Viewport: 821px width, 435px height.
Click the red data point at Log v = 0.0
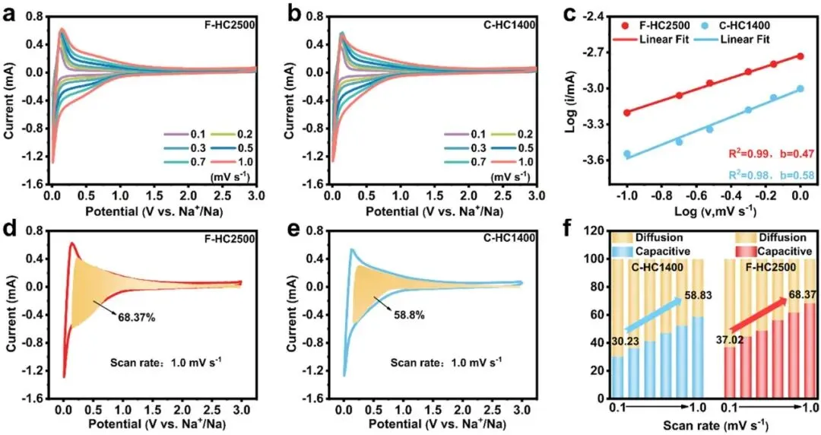click(800, 56)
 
